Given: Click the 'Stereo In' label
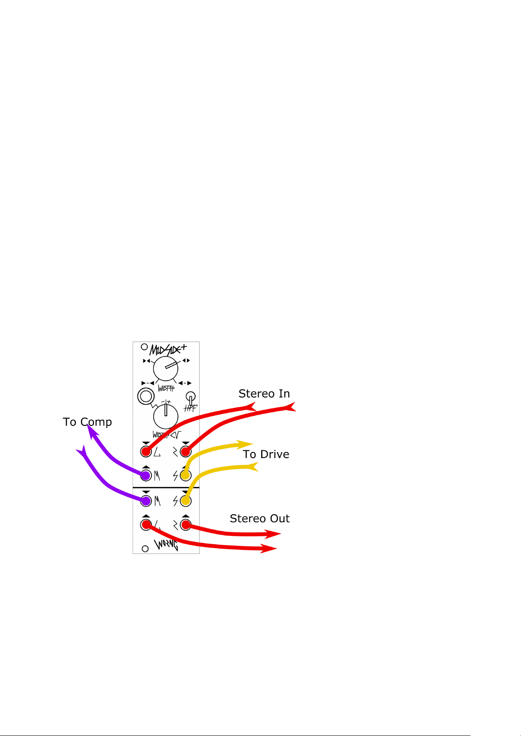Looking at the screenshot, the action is (264, 394).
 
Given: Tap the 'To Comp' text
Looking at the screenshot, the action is (87, 422).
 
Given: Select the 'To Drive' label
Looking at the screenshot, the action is (266, 454).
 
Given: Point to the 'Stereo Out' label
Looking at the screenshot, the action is (259, 518).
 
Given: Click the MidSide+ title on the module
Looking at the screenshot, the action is (168, 349).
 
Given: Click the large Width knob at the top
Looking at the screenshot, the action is (166, 368).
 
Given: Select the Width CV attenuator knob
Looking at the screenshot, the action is (166, 416).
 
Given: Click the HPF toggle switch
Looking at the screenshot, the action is (191, 398).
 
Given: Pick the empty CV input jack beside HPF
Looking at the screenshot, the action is (145, 396).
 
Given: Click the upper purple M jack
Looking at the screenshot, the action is (146, 474).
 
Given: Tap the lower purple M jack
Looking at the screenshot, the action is (146, 501).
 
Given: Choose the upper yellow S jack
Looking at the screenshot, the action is (186, 474).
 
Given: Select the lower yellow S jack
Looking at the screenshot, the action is (186, 501).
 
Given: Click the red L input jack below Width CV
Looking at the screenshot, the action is (146, 451).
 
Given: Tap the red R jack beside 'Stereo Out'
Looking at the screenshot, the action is (186, 524).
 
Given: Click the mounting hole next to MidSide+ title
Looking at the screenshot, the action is (144, 348).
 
